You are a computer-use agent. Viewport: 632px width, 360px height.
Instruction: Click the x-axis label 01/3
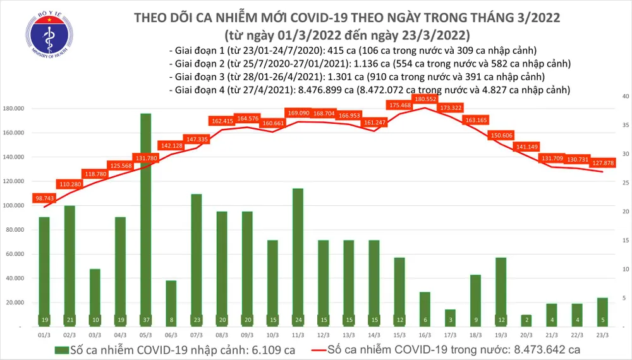[x=44, y=335]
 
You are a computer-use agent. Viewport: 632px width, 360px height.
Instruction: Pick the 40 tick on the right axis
[x=624, y=97]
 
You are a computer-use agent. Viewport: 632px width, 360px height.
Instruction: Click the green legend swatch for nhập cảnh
[x=64, y=349]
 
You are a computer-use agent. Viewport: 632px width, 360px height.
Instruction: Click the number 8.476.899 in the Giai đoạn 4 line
[x=318, y=90]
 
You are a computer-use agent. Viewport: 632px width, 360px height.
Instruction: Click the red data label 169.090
[x=298, y=113]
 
